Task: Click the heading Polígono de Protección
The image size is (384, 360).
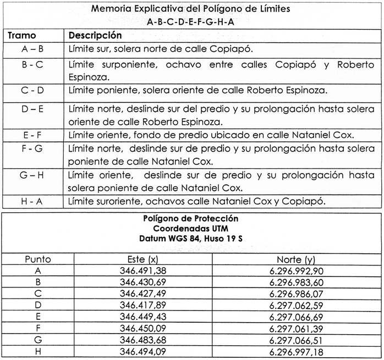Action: pyautogui.click(x=191, y=218)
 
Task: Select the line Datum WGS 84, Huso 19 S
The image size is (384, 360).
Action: pyautogui.click(x=191, y=239)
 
